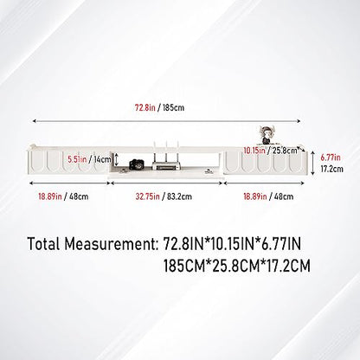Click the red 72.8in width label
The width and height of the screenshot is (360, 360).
(145, 108)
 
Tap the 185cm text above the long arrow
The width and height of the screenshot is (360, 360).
(173, 108)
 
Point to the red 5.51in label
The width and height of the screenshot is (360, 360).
(77, 159)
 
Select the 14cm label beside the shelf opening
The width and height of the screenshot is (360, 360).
(102, 159)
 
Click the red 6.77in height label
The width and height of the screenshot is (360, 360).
(331, 157)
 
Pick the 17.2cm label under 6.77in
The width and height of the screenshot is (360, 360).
(332, 169)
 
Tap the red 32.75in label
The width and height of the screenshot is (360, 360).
(148, 196)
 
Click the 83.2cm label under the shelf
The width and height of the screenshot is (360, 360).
(179, 196)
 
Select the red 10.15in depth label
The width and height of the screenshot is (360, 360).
(254, 151)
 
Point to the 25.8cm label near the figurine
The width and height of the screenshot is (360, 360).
(284, 151)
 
